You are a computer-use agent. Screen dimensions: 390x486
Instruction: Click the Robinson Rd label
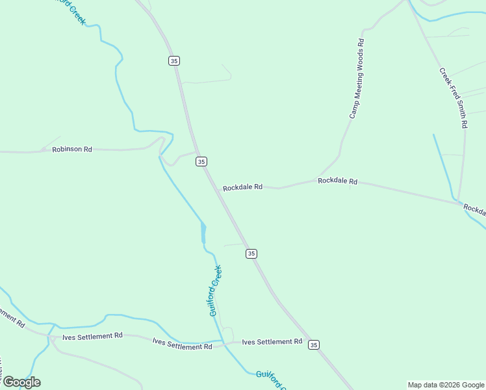pyautogui.click(x=72, y=149)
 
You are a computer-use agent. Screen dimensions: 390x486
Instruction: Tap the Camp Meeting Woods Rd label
pyautogui.click(x=357, y=78)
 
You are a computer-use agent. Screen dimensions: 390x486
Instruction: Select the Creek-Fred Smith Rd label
pyautogui.click(x=453, y=97)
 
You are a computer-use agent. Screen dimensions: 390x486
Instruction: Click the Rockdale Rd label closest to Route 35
pyautogui.click(x=242, y=187)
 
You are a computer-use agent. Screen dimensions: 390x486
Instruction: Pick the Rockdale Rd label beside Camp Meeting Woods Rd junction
pyautogui.click(x=337, y=181)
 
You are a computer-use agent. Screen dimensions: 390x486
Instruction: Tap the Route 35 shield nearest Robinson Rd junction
pyautogui.click(x=201, y=161)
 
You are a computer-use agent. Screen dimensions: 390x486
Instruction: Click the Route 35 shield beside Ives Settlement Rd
pyautogui.click(x=314, y=344)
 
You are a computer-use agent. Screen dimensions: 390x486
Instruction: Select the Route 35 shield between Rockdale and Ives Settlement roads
pyautogui.click(x=251, y=253)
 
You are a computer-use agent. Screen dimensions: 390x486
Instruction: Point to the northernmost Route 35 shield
pyautogui.click(x=173, y=60)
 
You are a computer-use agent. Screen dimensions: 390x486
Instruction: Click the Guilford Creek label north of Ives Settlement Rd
pyautogui.click(x=216, y=291)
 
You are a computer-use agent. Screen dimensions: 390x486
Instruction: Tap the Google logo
pyautogui.click(x=21, y=382)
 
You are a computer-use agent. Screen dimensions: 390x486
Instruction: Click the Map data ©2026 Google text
pyautogui.click(x=446, y=385)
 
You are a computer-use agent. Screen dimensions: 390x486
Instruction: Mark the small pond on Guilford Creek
pyautogui.click(x=203, y=232)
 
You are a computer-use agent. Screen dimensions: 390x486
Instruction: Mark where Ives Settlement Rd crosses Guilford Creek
pyautogui.click(x=223, y=343)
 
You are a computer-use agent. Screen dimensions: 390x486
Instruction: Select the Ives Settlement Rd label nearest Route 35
pyautogui.click(x=272, y=341)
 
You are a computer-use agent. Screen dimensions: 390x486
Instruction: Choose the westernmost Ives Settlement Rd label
pyautogui.click(x=92, y=336)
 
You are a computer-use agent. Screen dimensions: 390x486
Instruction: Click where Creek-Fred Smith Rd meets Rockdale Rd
pyautogui.click(x=458, y=203)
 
